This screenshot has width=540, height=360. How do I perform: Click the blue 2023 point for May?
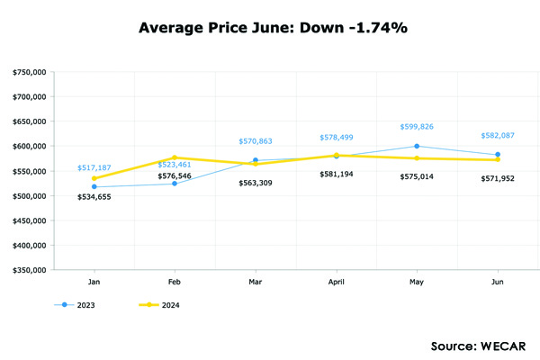click(417, 146)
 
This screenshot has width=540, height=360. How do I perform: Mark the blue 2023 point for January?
click(94, 186)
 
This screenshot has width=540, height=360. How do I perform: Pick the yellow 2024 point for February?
click(175, 157)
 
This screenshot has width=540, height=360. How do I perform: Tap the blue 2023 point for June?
click(498, 155)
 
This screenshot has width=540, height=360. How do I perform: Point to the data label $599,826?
click(417, 127)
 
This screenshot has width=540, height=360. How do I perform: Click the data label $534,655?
click(94, 195)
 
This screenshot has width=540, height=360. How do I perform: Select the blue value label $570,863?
click(256, 141)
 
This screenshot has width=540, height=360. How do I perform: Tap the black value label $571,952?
click(497, 179)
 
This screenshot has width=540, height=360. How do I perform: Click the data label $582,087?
click(497, 135)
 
